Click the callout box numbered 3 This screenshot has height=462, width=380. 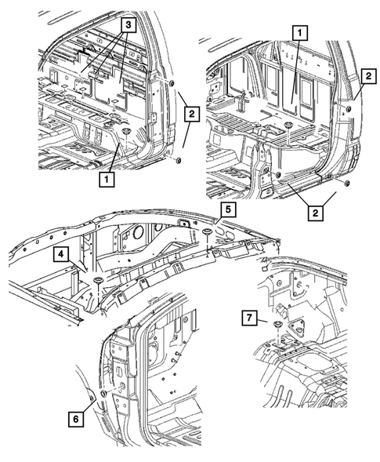coord(128,25)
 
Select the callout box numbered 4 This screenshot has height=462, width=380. coord(60,254)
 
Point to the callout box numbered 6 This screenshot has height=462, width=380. coord(76,419)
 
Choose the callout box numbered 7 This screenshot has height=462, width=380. coord(249,318)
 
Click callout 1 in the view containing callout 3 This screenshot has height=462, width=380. coord(107,179)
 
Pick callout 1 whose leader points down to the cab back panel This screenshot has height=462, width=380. coord(299,33)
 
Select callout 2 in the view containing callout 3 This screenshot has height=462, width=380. coord(192,114)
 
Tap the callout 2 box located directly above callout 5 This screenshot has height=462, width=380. coord(316,213)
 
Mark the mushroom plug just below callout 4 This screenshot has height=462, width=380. coord(97,280)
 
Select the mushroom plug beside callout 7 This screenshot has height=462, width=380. coord(277,324)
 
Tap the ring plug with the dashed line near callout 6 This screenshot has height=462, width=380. coord(103,393)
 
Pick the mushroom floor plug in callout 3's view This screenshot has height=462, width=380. coord(127,131)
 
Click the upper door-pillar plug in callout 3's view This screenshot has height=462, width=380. coord(172,82)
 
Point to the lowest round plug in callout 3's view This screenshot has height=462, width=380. coord(178,160)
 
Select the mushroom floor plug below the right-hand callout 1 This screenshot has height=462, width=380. coord(288,126)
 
